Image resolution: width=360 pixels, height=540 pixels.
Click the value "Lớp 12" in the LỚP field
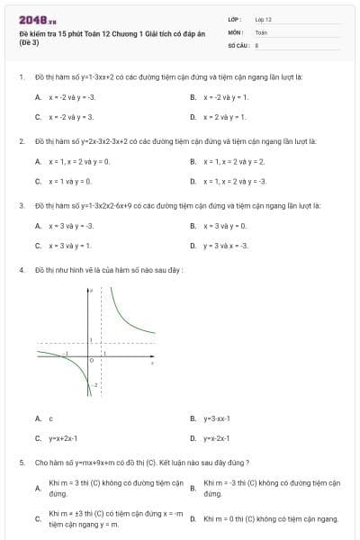click(263, 19)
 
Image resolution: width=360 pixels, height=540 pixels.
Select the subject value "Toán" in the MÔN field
click(261, 31)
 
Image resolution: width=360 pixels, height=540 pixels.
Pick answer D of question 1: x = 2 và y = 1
click(224, 117)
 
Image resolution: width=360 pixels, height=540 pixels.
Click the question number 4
click(21, 270)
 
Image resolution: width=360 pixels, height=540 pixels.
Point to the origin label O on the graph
click(91, 360)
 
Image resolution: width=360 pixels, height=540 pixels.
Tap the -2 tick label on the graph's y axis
click(96, 384)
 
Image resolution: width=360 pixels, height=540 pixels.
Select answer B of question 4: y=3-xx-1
click(217, 418)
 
